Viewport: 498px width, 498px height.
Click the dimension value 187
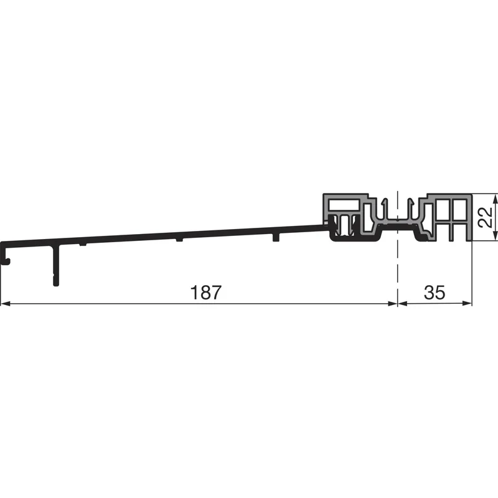point(205,292)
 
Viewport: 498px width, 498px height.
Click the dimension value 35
point(435,292)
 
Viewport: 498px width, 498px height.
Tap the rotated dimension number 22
point(486,217)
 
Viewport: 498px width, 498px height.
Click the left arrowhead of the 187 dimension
point(6,304)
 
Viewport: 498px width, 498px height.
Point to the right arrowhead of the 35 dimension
point(467,304)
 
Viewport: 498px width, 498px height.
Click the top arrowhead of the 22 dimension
point(495,199)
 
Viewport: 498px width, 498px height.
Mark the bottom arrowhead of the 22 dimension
point(495,235)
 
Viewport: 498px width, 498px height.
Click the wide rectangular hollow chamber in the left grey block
point(344,205)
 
